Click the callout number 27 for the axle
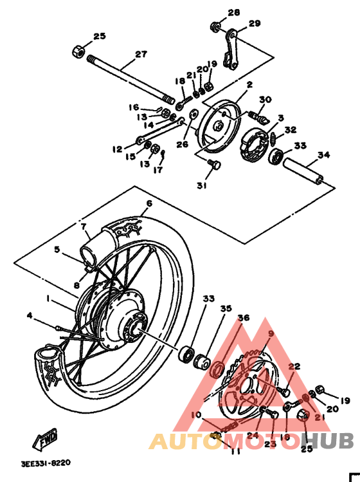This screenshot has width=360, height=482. pyautogui.click(x=141, y=55)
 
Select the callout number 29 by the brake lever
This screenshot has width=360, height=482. pyautogui.click(x=255, y=24)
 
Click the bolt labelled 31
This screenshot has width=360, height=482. pyautogui.click(x=215, y=166)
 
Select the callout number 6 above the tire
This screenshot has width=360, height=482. pyautogui.click(x=148, y=203)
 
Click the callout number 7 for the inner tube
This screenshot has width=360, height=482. pyautogui.click(x=83, y=226)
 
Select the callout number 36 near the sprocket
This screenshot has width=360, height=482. pyautogui.click(x=244, y=317)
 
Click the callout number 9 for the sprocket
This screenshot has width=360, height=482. pyautogui.click(x=271, y=333)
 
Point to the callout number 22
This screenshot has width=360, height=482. pyautogui.click(x=294, y=367)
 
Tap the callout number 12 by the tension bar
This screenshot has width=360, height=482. pyautogui.click(x=116, y=149)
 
